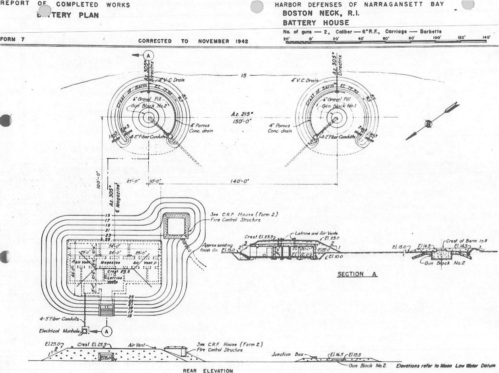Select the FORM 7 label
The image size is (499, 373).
(x=11, y=39)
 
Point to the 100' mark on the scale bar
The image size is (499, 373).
(x=437, y=37)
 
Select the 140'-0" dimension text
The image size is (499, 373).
(x=240, y=181)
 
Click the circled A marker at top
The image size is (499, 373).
(x=148, y=55)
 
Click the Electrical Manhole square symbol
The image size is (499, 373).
(x=84, y=331)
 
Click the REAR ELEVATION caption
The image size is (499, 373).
(x=208, y=371)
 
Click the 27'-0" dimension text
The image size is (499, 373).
(x=138, y=181)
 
